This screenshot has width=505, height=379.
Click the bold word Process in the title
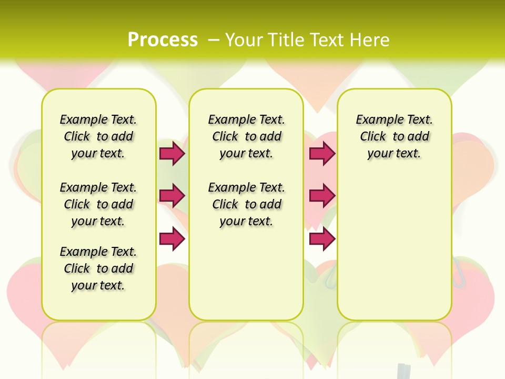pyautogui.click(x=163, y=39)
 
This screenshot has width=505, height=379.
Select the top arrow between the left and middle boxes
pyautogui.click(x=172, y=153)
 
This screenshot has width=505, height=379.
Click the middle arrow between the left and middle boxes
pyautogui.click(x=172, y=196)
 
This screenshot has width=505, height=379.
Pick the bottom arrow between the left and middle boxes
pyautogui.click(x=172, y=238)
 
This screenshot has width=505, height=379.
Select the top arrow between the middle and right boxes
pyautogui.click(x=322, y=153)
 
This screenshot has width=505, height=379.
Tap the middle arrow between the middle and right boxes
pyautogui.click(x=322, y=196)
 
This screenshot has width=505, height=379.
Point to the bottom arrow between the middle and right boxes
pyautogui.click(x=322, y=238)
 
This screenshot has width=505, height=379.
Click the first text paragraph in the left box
pyautogui.click(x=98, y=136)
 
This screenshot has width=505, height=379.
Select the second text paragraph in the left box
pyautogui.click(x=98, y=204)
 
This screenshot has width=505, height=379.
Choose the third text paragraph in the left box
pyautogui.click(x=98, y=268)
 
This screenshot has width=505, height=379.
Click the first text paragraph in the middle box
pyautogui.click(x=246, y=136)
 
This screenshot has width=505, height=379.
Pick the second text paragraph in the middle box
pyautogui.click(x=246, y=204)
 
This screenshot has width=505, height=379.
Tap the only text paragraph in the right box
pyautogui.click(x=395, y=136)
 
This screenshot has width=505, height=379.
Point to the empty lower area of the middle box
pyautogui.click(x=246, y=274)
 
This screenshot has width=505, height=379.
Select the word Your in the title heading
pyautogui.click(x=245, y=40)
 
